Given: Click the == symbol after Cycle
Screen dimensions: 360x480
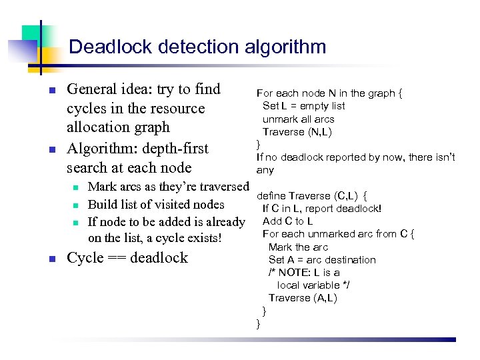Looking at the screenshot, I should point(119,259).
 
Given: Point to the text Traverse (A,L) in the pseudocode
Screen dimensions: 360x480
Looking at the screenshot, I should point(303,298).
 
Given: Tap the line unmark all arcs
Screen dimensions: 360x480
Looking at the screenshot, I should point(298,119).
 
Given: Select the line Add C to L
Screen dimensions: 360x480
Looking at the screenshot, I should point(288,221).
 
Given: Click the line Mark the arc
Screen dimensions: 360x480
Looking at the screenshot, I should point(298,247).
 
